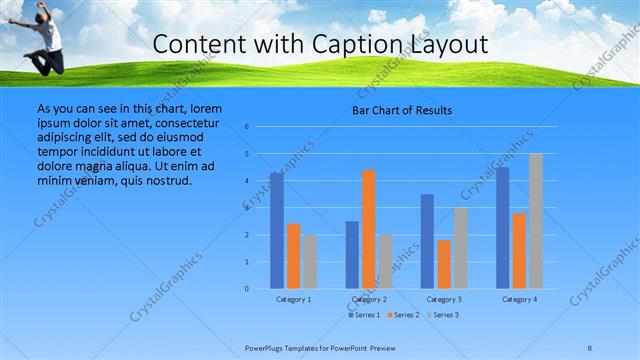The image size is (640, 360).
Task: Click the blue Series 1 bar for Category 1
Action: pyautogui.click(x=277, y=231)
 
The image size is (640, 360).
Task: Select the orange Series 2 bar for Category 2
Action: pyautogui.click(x=369, y=229)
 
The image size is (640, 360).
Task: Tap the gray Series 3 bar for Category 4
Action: pyautogui.click(x=536, y=221)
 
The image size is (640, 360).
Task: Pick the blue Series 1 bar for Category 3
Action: pyautogui.click(x=428, y=241)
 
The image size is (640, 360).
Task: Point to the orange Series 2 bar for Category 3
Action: pyautogui.click(x=444, y=264)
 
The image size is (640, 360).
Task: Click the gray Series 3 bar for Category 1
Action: pyautogui.click(x=309, y=262)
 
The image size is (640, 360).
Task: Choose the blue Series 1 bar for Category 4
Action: pyautogui.click(x=503, y=228)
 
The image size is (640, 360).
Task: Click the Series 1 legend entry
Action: pyautogui.click(x=364, y=316)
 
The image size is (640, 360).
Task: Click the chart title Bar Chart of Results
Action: pyautogui.click(x=403, y=110)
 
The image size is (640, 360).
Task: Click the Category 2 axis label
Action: pyautogui.click(x=369, y=299)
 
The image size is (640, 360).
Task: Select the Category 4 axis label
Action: pyautogui.click(x=520, y=299)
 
